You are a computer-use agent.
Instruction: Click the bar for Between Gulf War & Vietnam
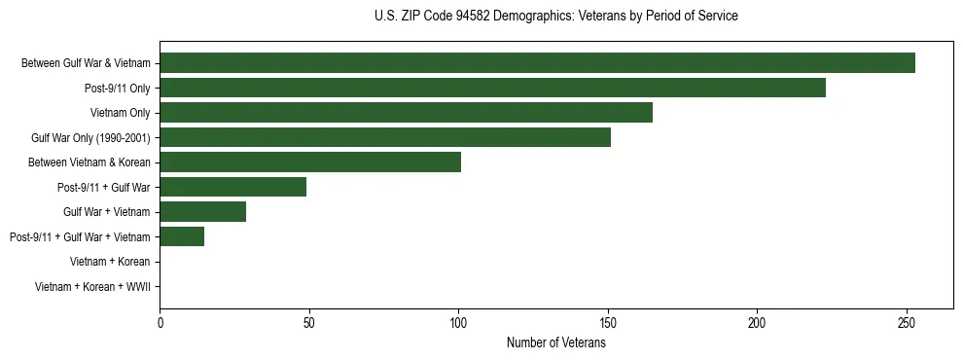click(537, 63)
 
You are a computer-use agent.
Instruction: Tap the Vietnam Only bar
click(406, 113)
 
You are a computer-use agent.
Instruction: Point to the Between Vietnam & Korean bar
click(310, 162)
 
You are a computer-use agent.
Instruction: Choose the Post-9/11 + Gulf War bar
click(233, 187)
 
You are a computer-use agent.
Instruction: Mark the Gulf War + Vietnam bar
click(203, 212)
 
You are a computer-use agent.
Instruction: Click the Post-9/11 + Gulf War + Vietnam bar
click(182, 236)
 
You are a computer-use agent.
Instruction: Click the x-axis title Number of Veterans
click(556, 342)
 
